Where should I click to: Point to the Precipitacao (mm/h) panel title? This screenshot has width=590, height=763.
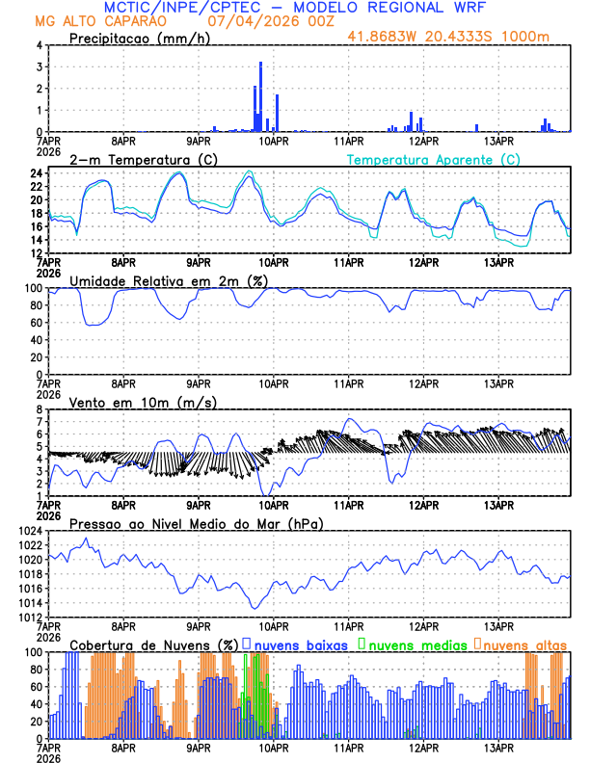[x=139, y=39]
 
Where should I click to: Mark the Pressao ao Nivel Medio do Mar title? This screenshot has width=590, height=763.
[x=196, y=523]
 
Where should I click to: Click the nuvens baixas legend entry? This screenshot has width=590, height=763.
[x=299, y=644]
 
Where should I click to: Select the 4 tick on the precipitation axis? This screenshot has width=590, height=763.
[x=39, y=45]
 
